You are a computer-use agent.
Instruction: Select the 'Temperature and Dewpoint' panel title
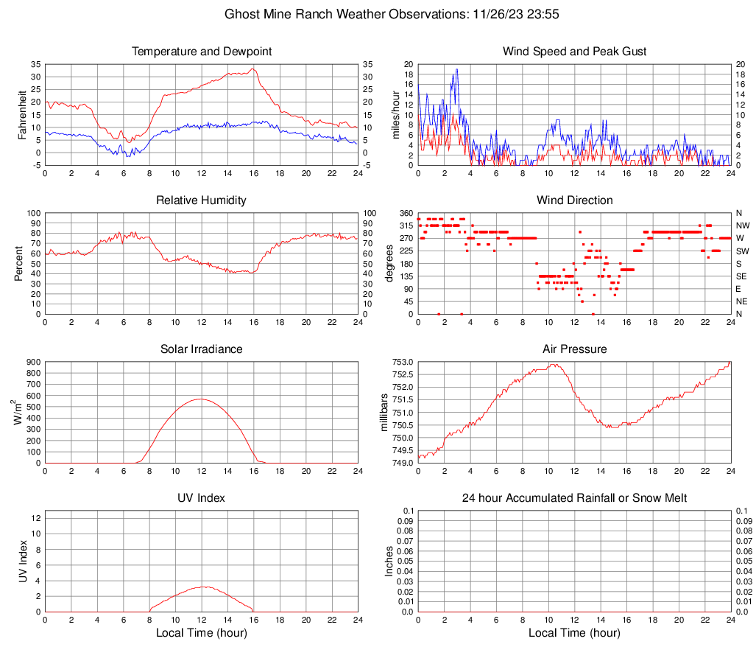[202, 52]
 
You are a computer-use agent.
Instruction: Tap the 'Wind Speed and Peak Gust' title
[574, 52]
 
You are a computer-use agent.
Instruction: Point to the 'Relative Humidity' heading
[202, 200]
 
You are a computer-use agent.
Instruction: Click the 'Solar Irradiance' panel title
[202, 349]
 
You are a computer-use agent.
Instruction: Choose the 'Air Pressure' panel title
[574, 349]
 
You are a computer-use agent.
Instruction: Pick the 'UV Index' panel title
[202, 498]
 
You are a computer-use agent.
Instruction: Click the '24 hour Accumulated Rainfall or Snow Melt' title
[574, 498]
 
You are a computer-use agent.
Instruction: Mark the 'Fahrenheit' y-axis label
[22, 114]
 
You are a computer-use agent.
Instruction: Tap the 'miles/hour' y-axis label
[395, 114]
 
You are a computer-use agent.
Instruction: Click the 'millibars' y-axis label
[384, 413]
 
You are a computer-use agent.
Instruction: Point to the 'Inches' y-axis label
[389, 562]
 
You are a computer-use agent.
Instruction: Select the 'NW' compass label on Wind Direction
[742, 225]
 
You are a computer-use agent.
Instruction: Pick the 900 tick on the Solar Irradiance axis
[33, 362]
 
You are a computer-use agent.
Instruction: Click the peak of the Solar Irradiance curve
[200, 399]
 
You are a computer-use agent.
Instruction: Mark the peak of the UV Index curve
[204, 587]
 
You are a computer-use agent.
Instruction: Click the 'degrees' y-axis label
[389, 264]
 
